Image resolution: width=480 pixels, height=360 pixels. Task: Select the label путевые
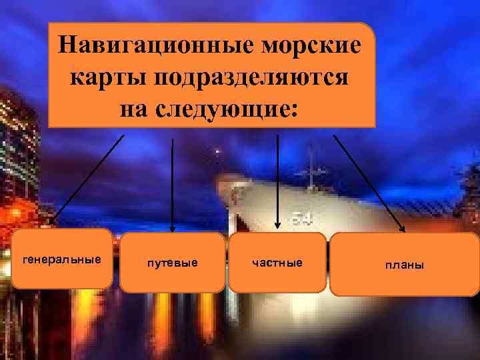point(172,263)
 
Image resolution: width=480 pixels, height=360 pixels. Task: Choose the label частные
point(277,263)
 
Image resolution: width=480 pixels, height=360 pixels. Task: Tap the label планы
point(404,265)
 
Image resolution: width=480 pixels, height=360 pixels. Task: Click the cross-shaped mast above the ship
point(312,170)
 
